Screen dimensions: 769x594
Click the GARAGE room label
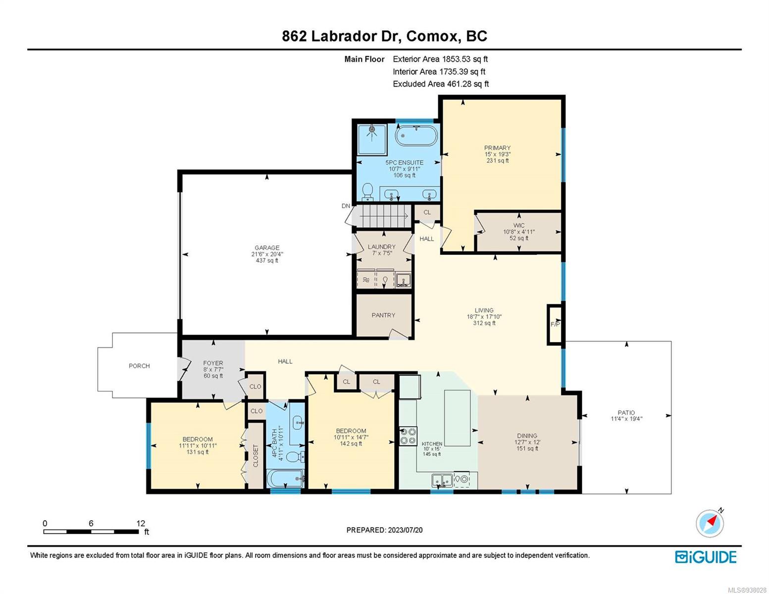(x=267, y=247)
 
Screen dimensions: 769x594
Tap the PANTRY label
(x=383, y=315)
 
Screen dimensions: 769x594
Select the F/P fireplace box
(x=554, y=324)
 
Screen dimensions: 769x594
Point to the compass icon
(x=710, y=523)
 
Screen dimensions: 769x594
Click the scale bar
(x=91, y=531)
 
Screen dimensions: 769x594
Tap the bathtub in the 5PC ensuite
(x=416, y=136)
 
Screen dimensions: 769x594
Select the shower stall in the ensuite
(x=371, y=139)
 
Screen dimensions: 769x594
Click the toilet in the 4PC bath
(x=295, y=457)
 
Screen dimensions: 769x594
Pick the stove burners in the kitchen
(x=409, y=436)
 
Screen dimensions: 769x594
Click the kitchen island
(x=457, y=418)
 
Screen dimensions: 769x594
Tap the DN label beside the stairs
(x=346, y=206)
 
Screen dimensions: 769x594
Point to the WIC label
(x=519, y=225)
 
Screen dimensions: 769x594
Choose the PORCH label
(x=139, y=366)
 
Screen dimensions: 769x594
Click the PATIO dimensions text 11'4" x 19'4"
(x=626, y=419)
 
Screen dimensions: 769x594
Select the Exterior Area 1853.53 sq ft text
(x=440, y=59)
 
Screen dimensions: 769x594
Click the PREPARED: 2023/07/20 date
(x=384, y=530)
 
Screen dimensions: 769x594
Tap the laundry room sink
(x=403, y=280)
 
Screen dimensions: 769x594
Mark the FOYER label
(x=213, y=363)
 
